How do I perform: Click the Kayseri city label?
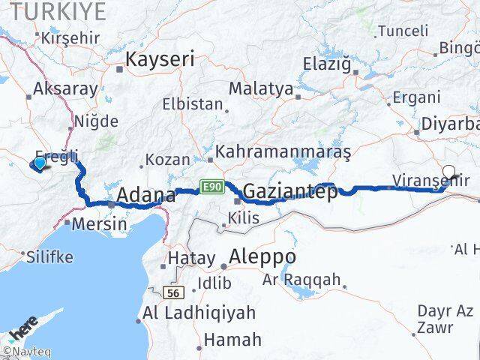160,59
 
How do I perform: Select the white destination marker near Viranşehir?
449,171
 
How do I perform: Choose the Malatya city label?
261,88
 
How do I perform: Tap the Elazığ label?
327,64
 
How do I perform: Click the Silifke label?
49,256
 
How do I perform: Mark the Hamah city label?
232,339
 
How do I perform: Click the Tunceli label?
403,31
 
